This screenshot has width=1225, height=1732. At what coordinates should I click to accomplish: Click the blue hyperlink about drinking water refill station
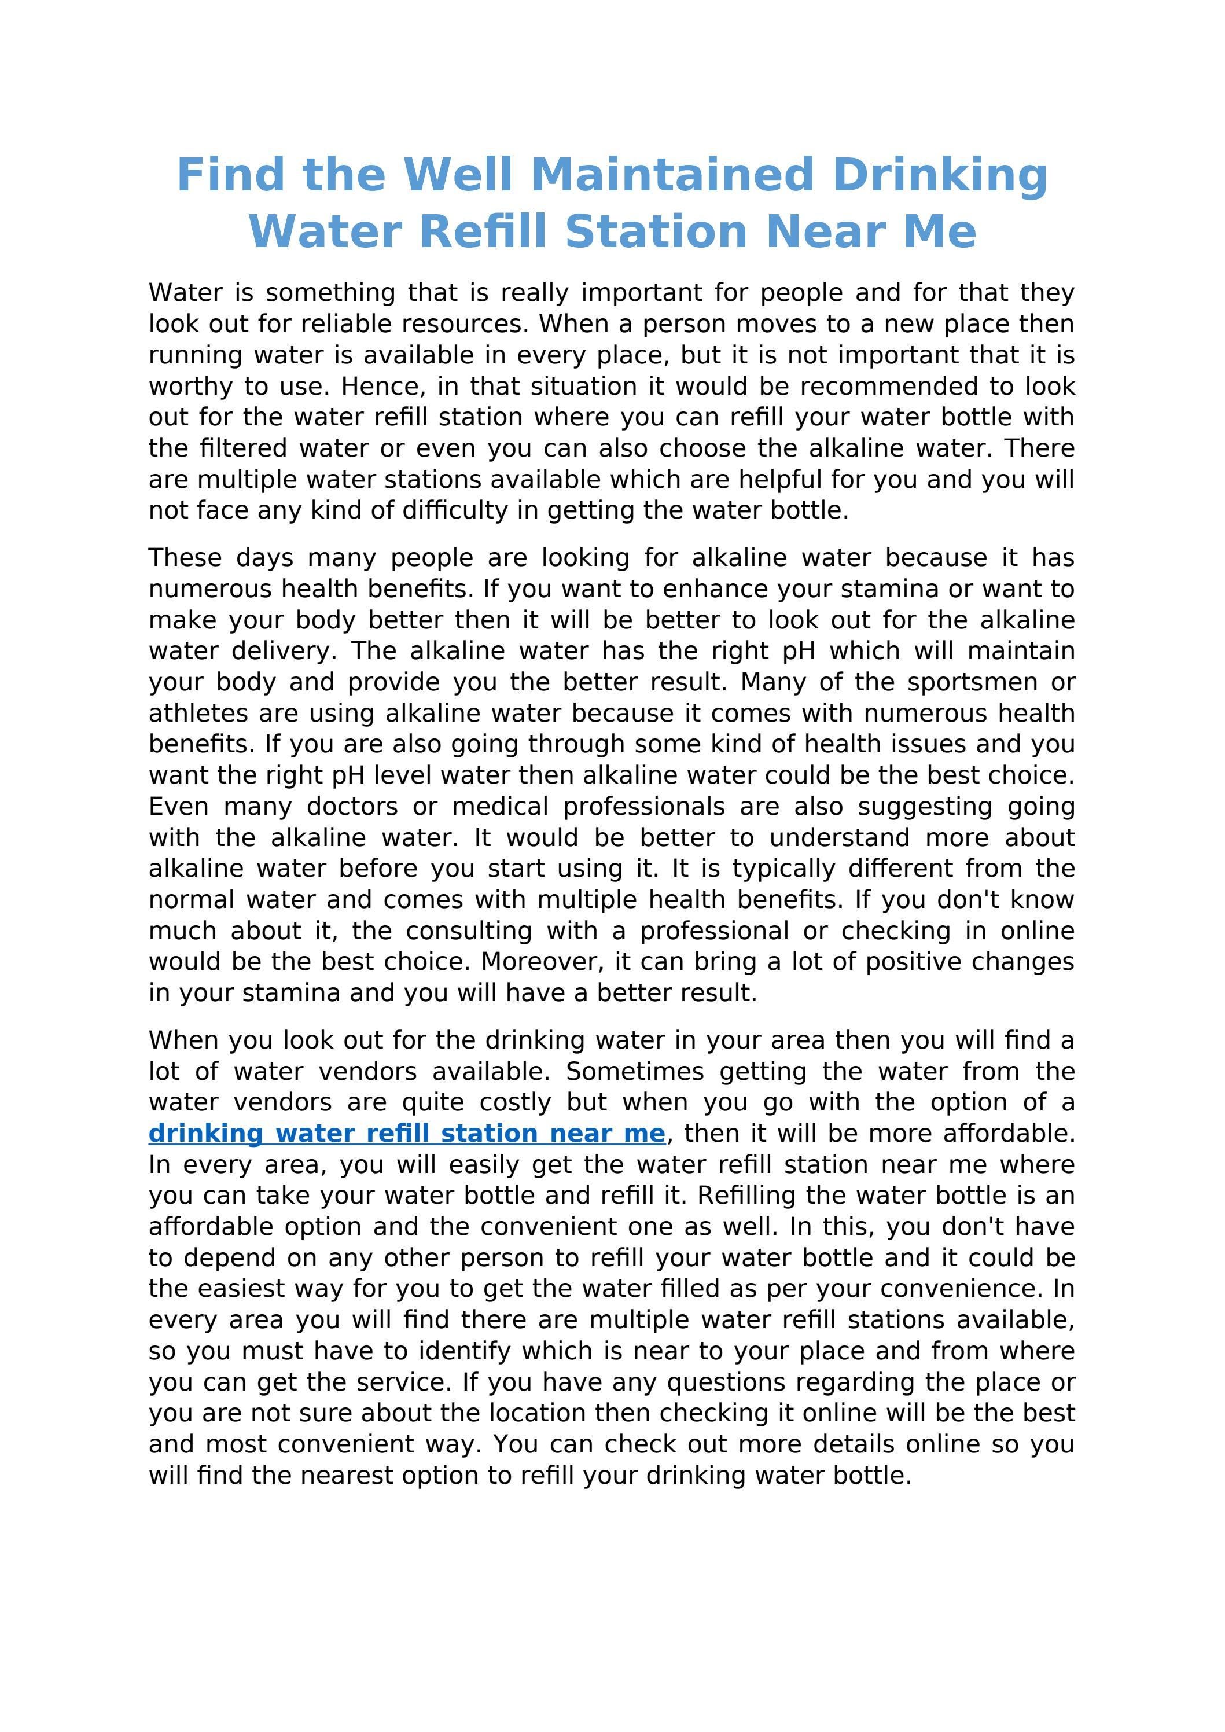407,1133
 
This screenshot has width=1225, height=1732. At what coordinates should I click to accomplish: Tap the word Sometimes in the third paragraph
634,1071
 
